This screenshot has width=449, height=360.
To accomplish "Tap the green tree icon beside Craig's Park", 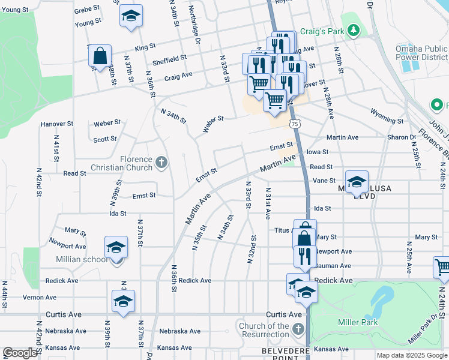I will tap(354, 29).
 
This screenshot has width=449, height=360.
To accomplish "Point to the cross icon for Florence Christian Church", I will tap(161, 162).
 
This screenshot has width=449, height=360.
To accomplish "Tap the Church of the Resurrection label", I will tap(264, 331).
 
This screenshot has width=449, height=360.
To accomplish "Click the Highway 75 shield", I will tap(294, 124).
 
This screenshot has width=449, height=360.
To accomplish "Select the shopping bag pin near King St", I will tap(100, 56).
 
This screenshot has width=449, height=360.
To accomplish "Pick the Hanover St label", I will tap(56, 124).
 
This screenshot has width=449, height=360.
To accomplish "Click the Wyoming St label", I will tap(387, 116).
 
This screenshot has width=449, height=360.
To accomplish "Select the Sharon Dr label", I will tap(402, 137).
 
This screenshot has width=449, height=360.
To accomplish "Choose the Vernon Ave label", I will tap(40, 297).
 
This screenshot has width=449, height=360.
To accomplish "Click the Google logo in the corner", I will tap(20, 353).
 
